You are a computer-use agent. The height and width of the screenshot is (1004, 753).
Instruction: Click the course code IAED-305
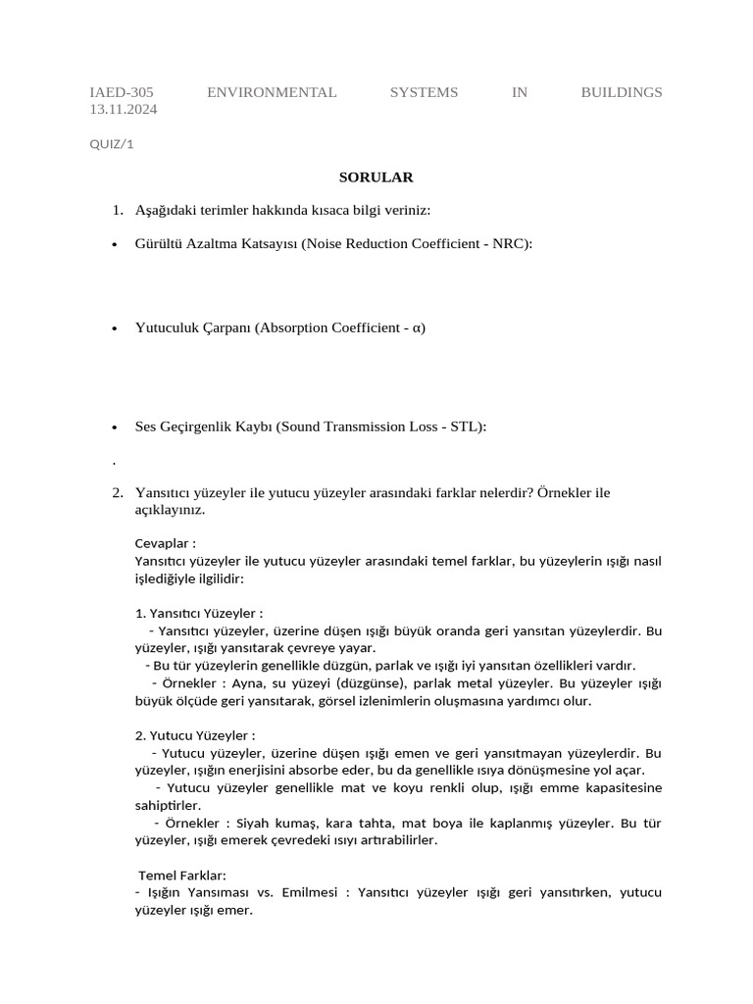pos(122,92)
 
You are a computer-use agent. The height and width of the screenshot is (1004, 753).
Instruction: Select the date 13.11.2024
pos(124,109)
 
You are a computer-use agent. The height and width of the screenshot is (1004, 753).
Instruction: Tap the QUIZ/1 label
pos(112,144)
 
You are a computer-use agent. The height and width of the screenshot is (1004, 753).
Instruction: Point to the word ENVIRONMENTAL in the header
pos(272,92)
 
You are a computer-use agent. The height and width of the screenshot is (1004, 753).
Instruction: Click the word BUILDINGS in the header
pos(621,92)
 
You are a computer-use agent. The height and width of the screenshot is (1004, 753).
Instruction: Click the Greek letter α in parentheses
pos(417,327)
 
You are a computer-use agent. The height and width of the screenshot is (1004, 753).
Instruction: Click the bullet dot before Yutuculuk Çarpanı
pos(115,328)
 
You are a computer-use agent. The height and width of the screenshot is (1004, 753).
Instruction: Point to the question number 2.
pos(117,492)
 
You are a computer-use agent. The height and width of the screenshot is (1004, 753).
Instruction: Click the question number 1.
pos(117,210)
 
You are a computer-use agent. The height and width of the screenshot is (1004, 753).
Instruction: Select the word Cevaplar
pos(162,542)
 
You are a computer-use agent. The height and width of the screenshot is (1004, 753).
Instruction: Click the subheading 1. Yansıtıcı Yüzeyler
pos(199,613)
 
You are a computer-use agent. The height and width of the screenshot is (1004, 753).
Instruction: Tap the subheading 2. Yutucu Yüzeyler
pos(195,735)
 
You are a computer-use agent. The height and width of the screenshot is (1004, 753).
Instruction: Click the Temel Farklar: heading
pos(182,875)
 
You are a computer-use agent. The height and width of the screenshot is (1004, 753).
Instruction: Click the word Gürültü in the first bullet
pos(159,243)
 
